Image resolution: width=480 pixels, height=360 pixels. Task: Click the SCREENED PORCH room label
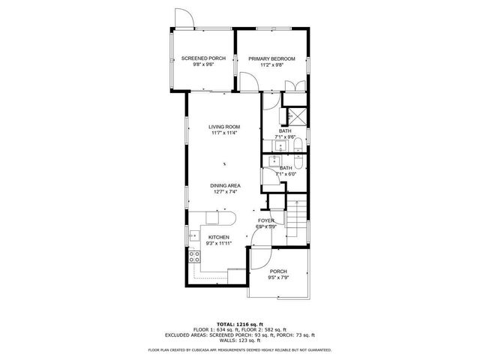(x=203, y=58)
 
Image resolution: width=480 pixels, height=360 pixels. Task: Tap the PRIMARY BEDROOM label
(x=272, y=58)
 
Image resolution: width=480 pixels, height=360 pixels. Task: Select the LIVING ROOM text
(x=224, y=127)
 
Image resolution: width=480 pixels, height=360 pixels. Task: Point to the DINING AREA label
(x=225, y=185)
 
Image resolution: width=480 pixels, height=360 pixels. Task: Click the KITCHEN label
(x=218, y=237)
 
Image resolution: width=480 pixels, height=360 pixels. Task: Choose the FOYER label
(x=265, y=220)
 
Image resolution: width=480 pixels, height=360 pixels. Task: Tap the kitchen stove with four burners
(x=194, y=259)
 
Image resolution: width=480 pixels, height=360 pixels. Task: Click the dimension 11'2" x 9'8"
(x=272, y=65)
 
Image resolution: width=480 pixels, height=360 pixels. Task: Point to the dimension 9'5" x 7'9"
(x=279, y=277)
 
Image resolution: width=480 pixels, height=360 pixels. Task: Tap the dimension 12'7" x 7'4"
(x=225, y=192)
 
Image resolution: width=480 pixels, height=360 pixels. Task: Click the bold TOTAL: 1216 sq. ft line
(x=240, y=323)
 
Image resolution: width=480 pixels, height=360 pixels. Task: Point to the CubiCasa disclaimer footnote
(x=240, y=349)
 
